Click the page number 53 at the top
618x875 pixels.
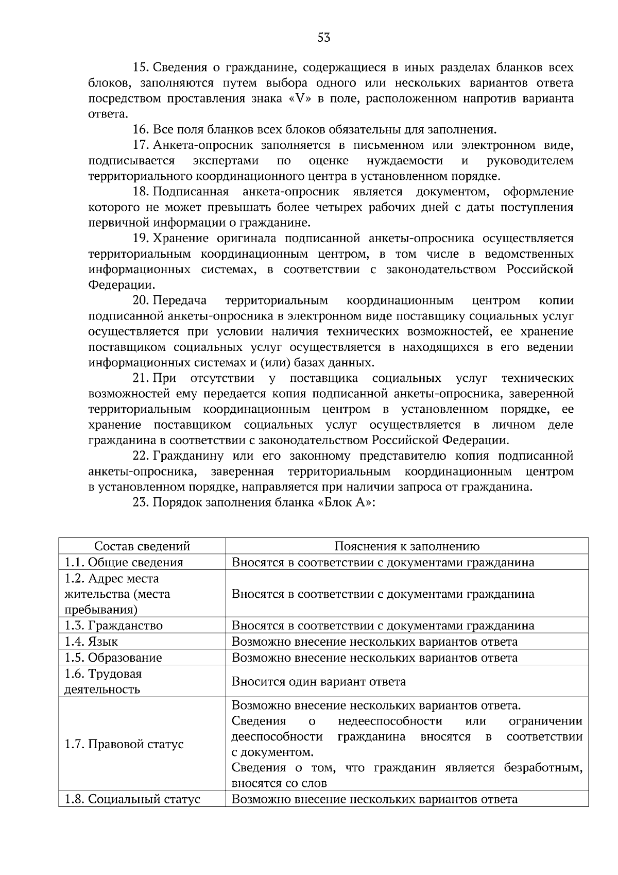pyautogui.click(x=323, y=38)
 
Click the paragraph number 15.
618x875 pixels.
pyautogui.click(x=141, y=68)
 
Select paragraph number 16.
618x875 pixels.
pyautogui.click(x=141, y=130)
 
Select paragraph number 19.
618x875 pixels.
pyautogui.click(x=141, y=239)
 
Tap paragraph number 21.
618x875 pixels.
pyautogui.click(x=141, y=379)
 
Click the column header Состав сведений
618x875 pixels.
pyautogui.click(x=142, y=547)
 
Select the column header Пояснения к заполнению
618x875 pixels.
pyautogui.click(x=407, y=547)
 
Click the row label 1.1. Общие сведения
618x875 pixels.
pyautogui.click(x=124, y=563)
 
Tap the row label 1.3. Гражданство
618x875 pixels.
pyautogui.click(x=113, y=626)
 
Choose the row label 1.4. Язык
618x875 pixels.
pyautogui.click(x=91, y=642)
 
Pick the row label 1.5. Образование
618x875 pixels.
pyautogui.click(x=113, y=658)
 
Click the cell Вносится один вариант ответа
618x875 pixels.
pyautogui.click(x=319, y=682)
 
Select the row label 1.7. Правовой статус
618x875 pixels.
pyautogui.click(x=124, y=745)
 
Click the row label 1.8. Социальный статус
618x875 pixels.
pyautogui.click(x=132, y=800)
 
